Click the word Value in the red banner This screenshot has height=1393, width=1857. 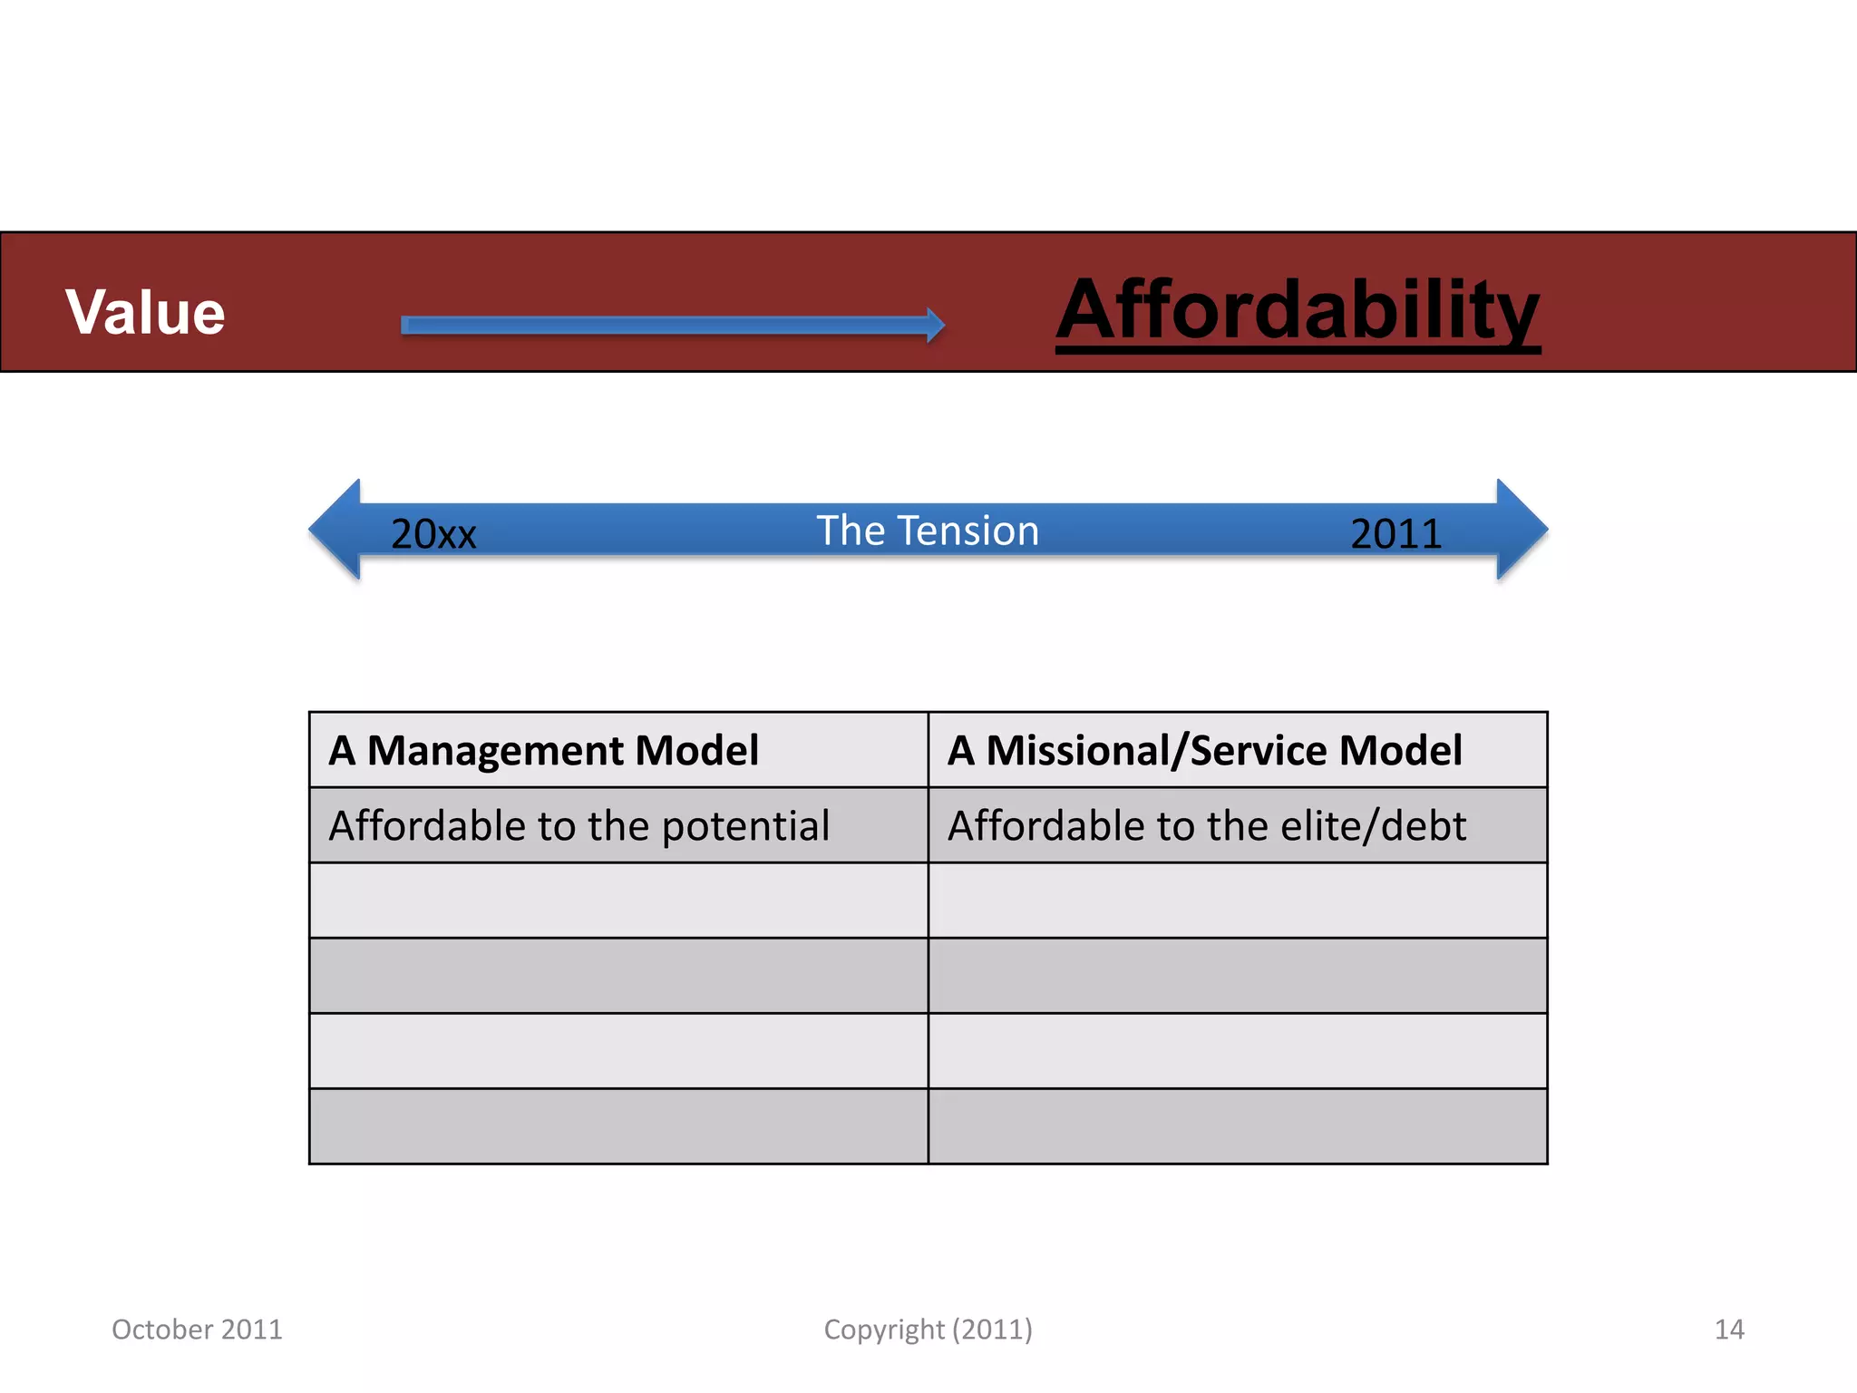[x=145, y=312]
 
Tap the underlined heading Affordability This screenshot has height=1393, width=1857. [x=1298, y=310]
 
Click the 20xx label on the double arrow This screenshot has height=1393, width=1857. [x=433, y=533]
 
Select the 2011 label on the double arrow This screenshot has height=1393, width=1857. [x=1395, y=533]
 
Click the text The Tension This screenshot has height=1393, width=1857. [x=928, y=531]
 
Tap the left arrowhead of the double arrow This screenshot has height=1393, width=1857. [x=335, y=530]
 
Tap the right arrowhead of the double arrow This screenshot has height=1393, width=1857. [x=1522, y=530]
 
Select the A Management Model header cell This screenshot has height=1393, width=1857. [x=618, y=750]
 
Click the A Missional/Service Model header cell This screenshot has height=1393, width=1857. [x=1238, y=750]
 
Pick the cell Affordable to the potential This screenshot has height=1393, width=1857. [x=618, y=825]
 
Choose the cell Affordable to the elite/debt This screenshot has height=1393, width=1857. [x=1238, y=825]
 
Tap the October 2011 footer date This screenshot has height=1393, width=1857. [x=197, y=1330]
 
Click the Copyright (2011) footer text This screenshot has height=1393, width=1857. [x=928, y=1330]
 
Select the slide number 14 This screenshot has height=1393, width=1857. [x=1729, y=1330]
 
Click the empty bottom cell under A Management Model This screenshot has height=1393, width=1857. [x=618, y=1126]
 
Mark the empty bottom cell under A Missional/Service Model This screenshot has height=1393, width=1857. [x=1238, y=1126]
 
